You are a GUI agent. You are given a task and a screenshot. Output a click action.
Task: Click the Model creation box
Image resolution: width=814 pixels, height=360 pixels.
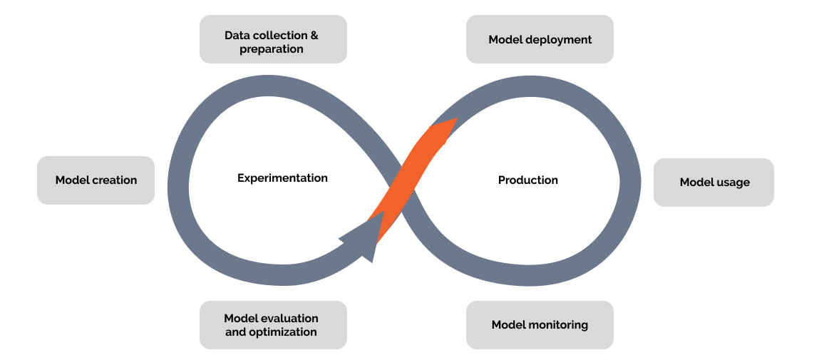[96, 180]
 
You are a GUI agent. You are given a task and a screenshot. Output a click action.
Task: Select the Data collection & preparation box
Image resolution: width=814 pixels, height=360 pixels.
[273, 39]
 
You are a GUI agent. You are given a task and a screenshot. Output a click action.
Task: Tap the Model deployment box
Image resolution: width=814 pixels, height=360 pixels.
[540, 39]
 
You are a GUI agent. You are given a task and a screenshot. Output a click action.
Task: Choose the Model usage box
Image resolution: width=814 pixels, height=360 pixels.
[713, 182]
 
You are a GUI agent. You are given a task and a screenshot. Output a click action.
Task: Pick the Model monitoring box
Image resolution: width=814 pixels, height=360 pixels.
[540, 324]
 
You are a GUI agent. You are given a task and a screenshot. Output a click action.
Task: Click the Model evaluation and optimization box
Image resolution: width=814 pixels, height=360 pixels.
[273, 324]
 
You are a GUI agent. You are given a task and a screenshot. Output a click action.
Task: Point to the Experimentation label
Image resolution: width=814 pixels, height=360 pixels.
[282, 178]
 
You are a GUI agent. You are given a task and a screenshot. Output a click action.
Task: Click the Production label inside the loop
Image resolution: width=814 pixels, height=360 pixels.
[528, 180]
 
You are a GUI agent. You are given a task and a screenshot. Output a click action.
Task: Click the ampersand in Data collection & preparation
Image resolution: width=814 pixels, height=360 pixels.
[314, 36]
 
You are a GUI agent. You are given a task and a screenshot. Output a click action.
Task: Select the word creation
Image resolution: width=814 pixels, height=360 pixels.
[115, 180]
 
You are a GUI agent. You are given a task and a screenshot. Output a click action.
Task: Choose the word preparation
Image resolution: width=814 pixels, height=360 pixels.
[272, 50]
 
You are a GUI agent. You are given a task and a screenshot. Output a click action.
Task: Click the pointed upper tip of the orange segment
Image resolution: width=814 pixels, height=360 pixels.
[457, 118]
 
